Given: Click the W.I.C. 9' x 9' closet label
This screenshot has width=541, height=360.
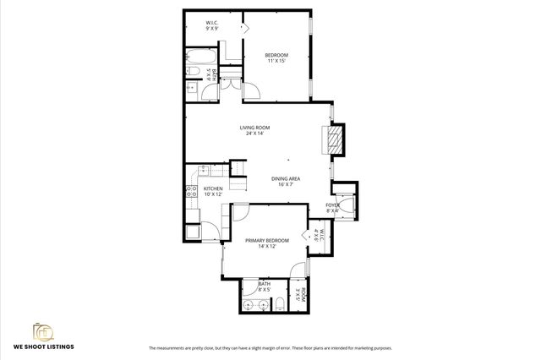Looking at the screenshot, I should coord(212,25).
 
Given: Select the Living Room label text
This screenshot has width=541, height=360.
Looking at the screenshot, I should coord(254,130).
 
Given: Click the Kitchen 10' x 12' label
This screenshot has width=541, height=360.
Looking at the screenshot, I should coord(213,191).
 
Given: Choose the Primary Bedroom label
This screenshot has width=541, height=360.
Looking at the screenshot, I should coord(267,243).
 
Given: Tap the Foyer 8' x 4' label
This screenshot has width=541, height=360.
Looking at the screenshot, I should coord(334,208).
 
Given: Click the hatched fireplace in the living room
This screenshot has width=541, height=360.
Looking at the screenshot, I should coord(335,139).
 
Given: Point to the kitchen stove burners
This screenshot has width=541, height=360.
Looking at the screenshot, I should coord(190,191).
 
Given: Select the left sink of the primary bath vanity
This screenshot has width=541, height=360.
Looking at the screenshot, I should coord(249,304).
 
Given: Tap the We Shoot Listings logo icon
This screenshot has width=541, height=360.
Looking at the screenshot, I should coord(41,330).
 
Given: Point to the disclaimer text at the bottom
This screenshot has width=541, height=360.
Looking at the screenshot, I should coord(270,348).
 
